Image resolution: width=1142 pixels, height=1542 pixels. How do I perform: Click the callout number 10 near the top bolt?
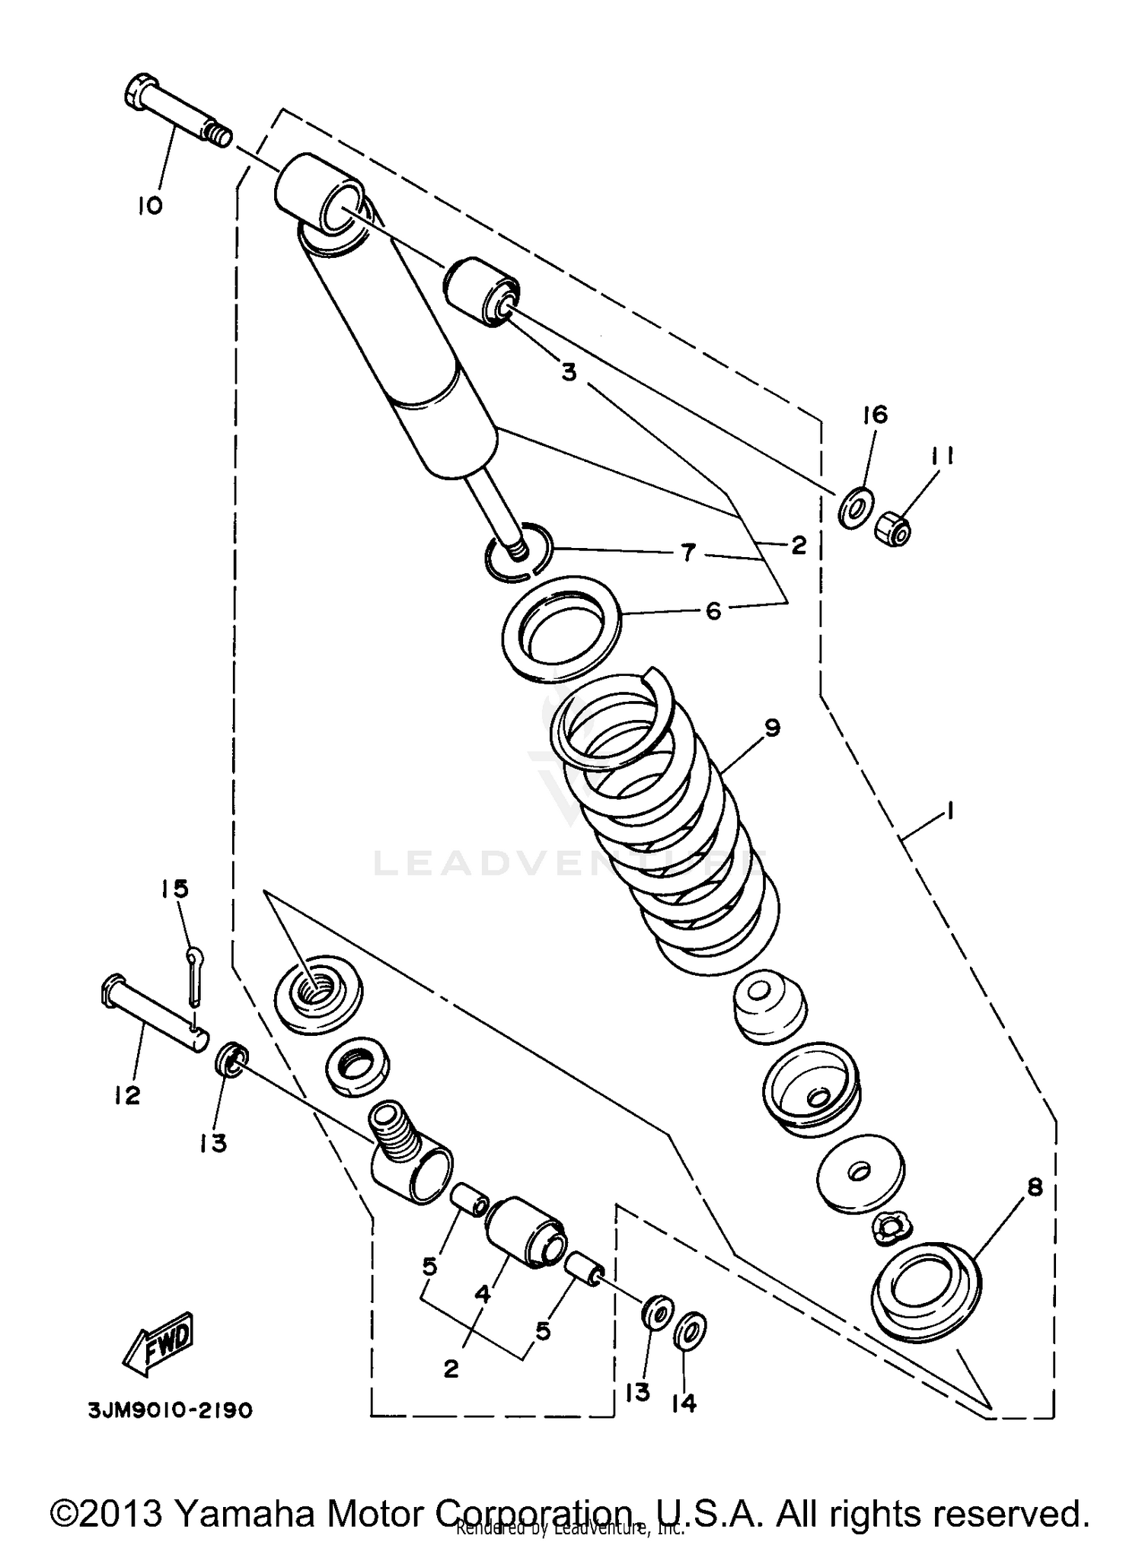tap(150, 205)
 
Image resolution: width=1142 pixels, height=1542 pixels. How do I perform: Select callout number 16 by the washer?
tap(876, 415)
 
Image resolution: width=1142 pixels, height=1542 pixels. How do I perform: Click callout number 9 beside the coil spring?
tap(772, 728)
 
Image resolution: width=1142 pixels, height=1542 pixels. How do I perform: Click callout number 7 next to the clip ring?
tap(688, 553)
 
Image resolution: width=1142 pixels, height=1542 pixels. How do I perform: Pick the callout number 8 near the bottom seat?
tap(1035, 1187)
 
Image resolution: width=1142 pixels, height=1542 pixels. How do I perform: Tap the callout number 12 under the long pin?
tap(127, 1096)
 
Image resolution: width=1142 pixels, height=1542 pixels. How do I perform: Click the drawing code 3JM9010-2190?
tap(169, 1410)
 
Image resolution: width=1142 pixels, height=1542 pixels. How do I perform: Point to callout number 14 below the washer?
tap(684, 1403)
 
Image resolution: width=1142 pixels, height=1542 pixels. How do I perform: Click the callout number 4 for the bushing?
tap(483, 1293)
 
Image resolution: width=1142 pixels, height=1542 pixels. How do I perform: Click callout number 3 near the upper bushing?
tap(569, 373)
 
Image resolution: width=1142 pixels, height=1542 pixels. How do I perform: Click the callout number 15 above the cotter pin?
tap(174, 888)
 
